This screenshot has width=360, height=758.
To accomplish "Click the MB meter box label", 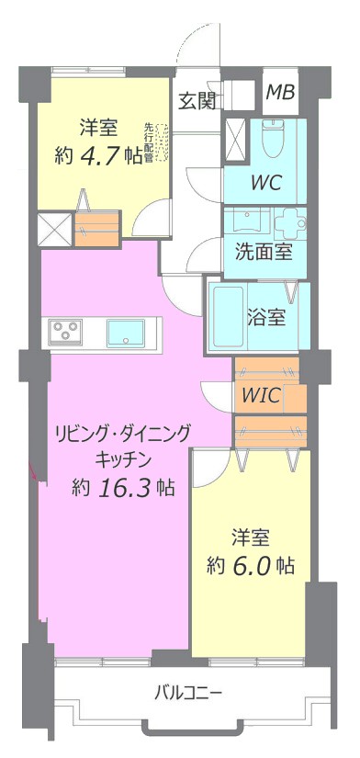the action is (280, 92).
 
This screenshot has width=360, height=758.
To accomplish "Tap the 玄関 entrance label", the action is (197, 101).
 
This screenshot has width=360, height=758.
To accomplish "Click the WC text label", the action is (265, 183).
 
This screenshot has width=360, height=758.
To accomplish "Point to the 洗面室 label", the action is (264, 253).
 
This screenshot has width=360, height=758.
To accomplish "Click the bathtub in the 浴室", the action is (228, 317).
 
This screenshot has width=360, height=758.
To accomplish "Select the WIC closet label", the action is (262, 396).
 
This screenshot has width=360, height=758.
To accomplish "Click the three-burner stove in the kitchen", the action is (65, 332).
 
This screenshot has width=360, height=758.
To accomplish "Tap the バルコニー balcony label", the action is (189, 695).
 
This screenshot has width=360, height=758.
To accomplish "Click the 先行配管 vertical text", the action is (149, 142).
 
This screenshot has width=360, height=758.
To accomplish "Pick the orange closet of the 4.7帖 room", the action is (97, 229).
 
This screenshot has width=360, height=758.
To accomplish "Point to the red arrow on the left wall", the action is (33, 470).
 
